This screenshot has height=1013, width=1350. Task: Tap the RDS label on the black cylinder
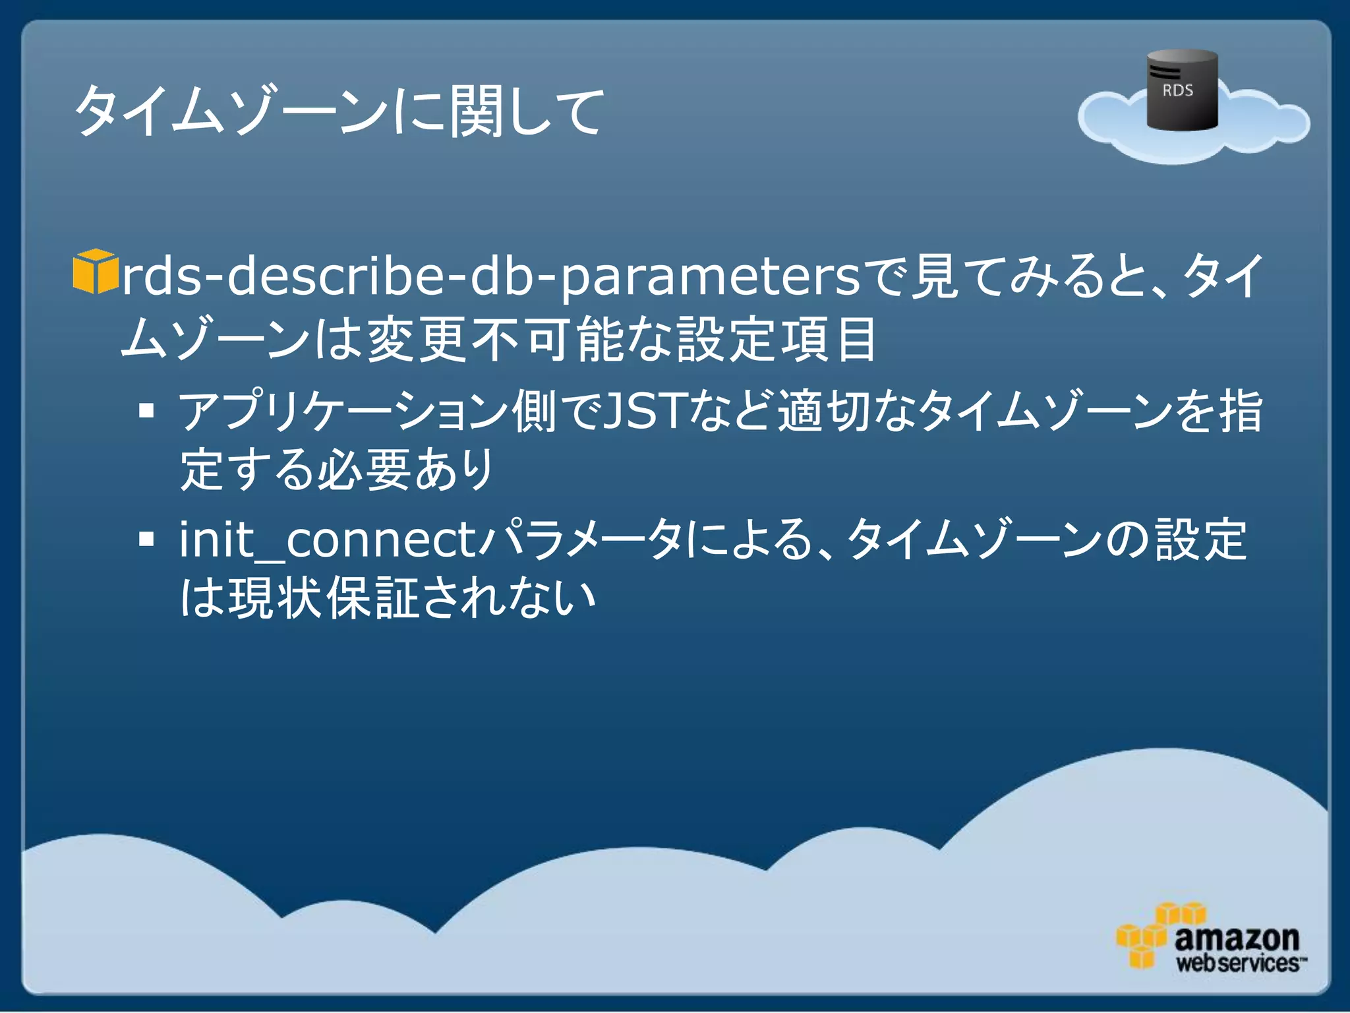click(1177, 90)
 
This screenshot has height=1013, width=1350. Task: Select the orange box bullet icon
click(95, 271)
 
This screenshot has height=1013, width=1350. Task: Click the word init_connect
click(328, 539)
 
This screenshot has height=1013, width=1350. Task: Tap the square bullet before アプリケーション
click(146, 411)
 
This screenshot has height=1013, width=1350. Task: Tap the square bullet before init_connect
click(146, 539)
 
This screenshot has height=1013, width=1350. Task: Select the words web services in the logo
click(1238, 963)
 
